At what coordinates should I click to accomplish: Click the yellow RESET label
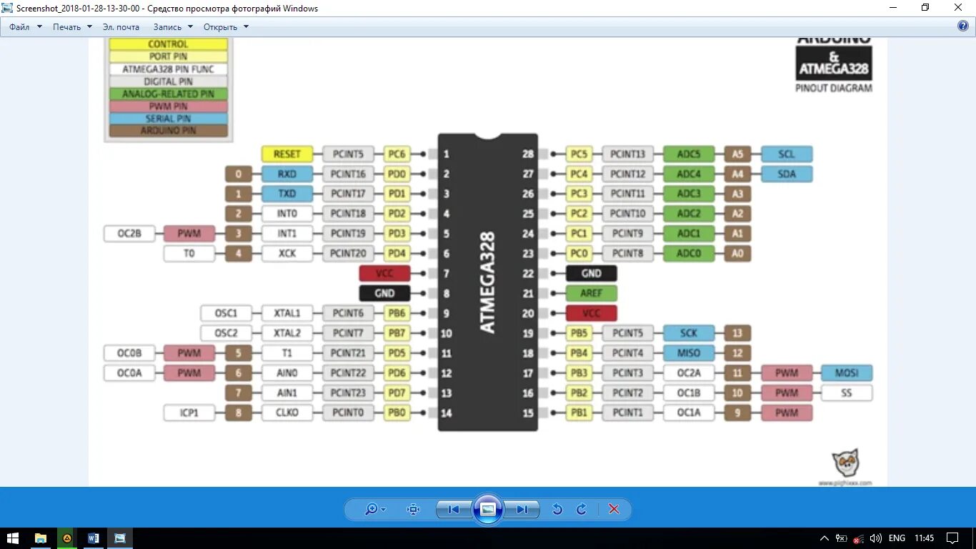tap(287, 154)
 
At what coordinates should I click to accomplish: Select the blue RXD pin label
tap(287, 174)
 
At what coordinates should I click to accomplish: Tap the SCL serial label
tap(787, 154)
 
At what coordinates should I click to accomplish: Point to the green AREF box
tap(591, 293)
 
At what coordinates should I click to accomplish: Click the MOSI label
tap(846, 372)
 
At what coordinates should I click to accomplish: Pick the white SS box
tap(846, 392)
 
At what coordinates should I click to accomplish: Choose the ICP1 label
tap(189, 412)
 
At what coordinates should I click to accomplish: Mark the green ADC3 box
tap(689, 194)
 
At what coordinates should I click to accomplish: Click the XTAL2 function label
tap(287, 333)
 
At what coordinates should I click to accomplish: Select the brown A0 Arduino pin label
tap(737, 253)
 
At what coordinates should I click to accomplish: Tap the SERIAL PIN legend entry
tap(168, 119)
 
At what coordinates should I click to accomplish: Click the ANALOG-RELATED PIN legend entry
tap(168, 94)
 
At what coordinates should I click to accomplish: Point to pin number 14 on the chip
tap(446, 412)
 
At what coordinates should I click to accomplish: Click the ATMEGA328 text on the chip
tap(487, 282)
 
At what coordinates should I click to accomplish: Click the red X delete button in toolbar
tap(613, 509)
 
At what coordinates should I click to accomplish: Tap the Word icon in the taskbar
tap(94, 538)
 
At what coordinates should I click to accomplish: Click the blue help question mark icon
tap(962, 26)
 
